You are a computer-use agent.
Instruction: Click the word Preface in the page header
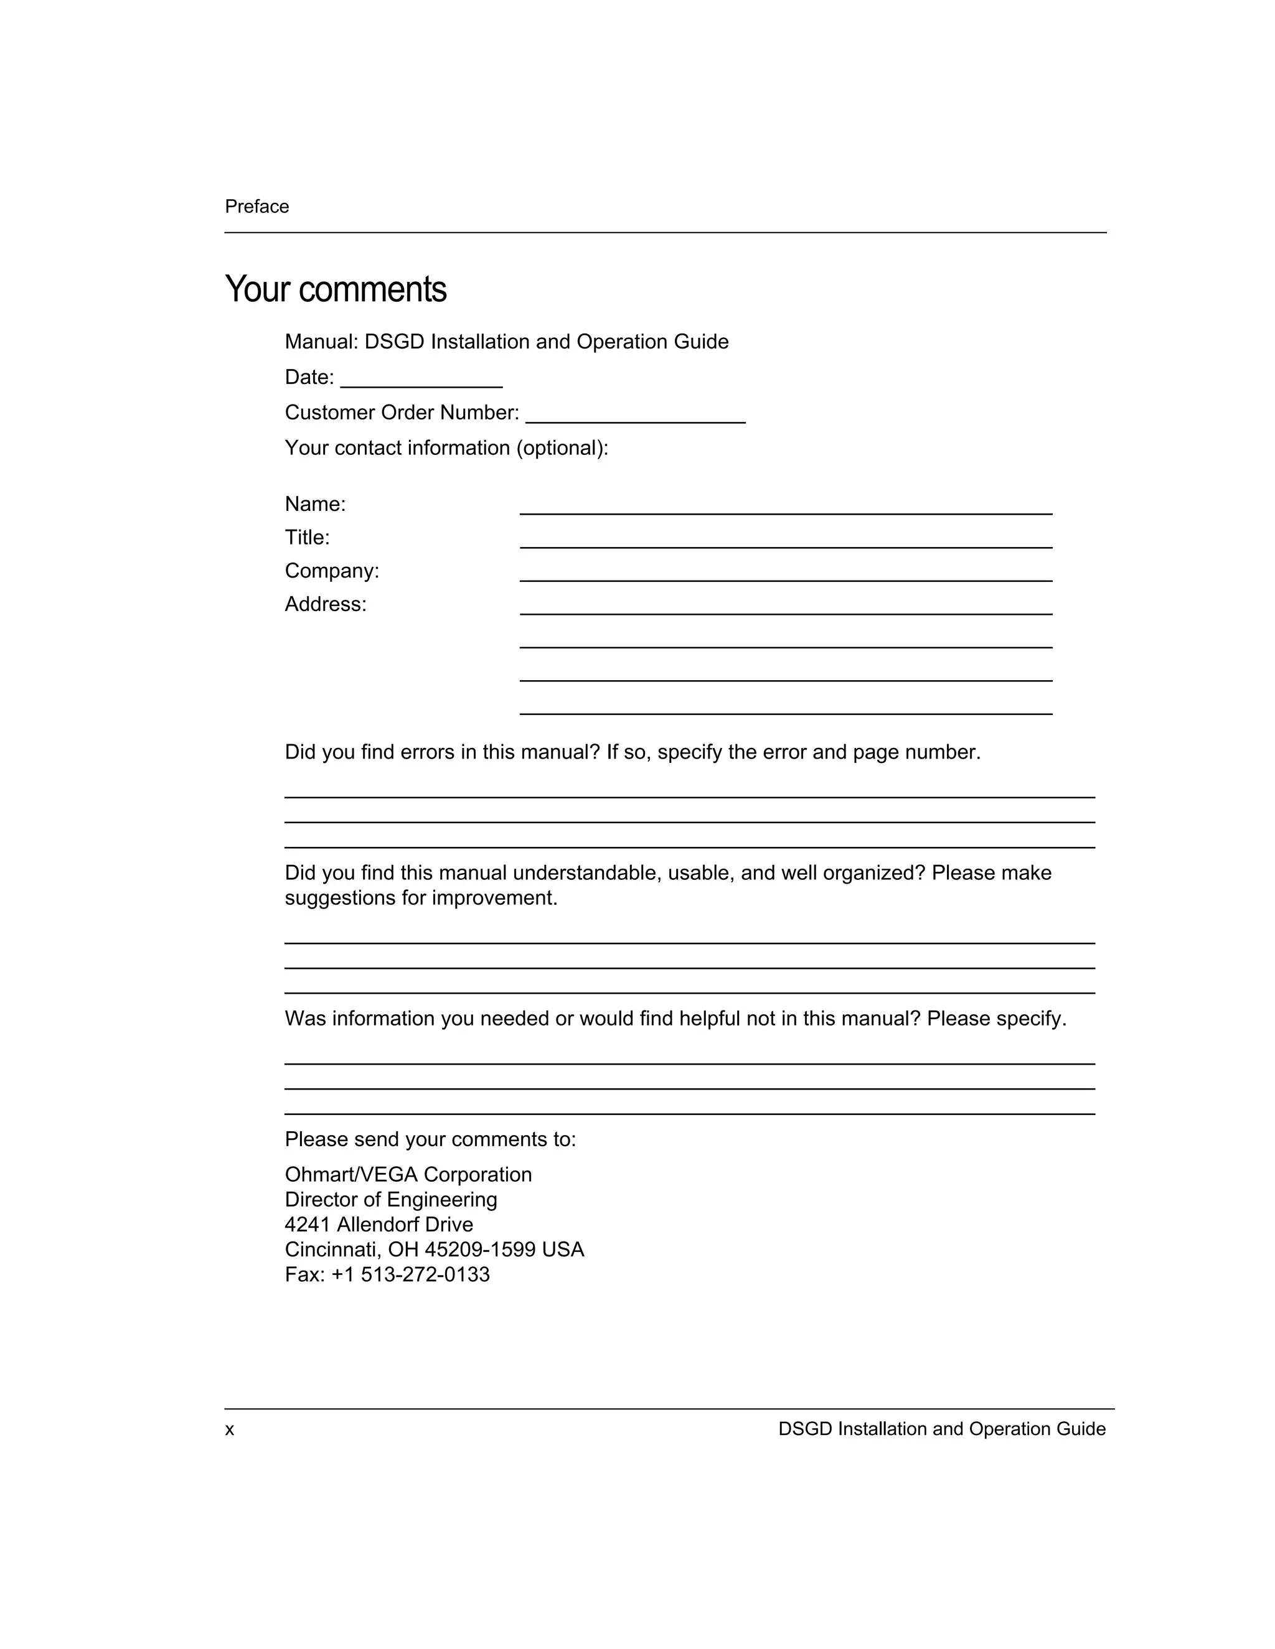(257, 207)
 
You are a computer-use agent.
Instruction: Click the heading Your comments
(336, 290)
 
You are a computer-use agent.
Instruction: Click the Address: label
(326, 605)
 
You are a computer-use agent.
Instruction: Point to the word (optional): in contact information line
(562, 449)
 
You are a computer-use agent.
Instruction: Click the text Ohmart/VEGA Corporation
(408, 1175)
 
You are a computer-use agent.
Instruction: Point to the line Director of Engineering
(390, 1200)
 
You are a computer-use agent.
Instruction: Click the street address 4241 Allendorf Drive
(379, 1225)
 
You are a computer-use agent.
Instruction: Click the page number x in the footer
(230, 1430)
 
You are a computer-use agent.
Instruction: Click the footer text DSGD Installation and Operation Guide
(941, 1429)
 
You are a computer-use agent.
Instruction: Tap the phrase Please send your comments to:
(430, 1139)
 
